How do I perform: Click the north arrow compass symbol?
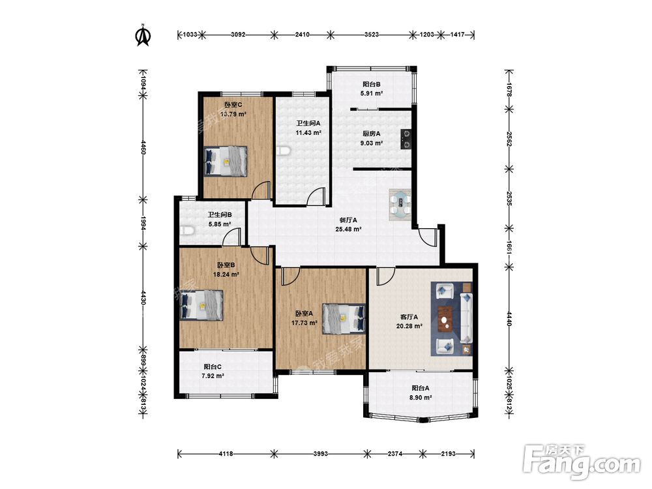coord(143,35)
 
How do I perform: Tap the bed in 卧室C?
coord(226,161)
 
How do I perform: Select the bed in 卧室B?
coord(201,305)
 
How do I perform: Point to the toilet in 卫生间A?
coord(283,151)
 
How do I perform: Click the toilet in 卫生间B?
coord(188,231)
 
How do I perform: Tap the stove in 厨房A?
coord(406,139)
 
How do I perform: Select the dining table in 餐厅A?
coord(400,205)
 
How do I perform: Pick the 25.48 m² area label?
coord(348,229)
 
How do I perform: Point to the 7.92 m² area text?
coord(213,376)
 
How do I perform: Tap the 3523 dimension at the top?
coord(372,35)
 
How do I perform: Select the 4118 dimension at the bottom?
coord(226,454)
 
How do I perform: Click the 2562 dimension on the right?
coord(509,139)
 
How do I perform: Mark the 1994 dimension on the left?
coord(143,223)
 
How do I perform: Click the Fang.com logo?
coord(582,461)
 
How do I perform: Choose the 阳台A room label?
coord(421,388)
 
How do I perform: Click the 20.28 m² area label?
coord(409,326)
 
